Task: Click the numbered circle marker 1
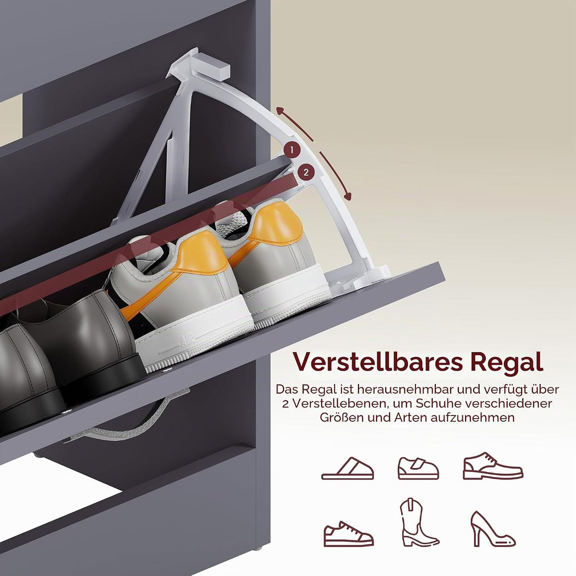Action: tap(292, 150)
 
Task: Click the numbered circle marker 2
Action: tap(306, 172)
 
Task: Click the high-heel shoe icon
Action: tap(492, 529)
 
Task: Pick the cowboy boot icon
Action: tap(418, 522)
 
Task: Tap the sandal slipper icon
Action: tap(348, 469)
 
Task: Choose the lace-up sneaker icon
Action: tap(348, 533)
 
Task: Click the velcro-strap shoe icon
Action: tap(418, 468)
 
